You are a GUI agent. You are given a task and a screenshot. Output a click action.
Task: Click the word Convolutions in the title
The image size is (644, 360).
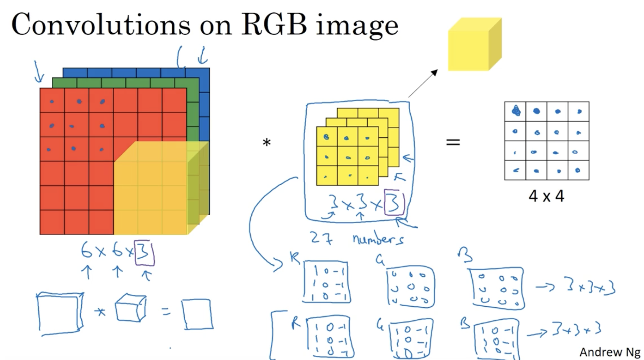[x=101, y=25]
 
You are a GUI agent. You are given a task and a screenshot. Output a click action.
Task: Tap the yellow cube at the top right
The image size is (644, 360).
[x=474, y=45]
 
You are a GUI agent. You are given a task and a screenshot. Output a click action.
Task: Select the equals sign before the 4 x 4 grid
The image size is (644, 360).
[x=453, y=142]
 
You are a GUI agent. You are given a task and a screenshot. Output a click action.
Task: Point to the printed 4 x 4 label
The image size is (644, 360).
[x=546, y=196]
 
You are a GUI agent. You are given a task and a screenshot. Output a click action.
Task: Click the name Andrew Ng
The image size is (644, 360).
[x=609, y=352]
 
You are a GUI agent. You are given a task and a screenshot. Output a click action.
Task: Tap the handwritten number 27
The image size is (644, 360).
[x=321, y=238]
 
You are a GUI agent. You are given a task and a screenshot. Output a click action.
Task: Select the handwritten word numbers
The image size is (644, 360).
[x=378, y=239]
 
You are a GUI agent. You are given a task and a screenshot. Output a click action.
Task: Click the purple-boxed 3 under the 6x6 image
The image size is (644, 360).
[x=144, y=253]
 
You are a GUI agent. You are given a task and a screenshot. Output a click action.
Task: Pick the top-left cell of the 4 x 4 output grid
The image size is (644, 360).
[x=515, y=111]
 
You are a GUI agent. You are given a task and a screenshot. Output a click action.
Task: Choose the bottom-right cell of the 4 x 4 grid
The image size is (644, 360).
[x=578, y=170]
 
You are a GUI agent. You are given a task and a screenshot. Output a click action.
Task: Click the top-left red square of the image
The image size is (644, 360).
[x=52, y=101]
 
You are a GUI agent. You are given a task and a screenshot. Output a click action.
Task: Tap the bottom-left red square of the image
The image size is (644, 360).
[x=52, y=222]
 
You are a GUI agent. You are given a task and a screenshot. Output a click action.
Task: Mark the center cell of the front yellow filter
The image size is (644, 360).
[x=347, y=157]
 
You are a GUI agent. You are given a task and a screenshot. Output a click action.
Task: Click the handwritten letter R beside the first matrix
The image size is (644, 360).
[x=295, y=258]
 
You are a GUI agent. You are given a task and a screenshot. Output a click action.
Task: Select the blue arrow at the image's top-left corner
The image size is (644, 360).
[x=38, y=72]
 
